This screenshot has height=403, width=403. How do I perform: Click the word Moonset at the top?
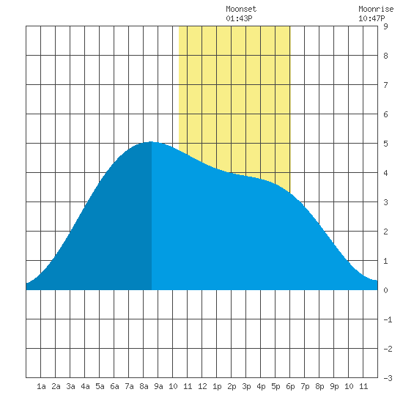coord(241,9)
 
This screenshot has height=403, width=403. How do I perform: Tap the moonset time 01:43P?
coord(239,18)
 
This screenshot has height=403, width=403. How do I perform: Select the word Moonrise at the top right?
coord(376,9)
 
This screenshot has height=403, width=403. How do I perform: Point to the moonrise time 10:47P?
coord(371,18)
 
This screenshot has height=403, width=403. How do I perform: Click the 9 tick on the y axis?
coord(385,26)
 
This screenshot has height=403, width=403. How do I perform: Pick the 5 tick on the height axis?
coord(385,144)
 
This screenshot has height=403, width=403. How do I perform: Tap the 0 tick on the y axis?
coord(385,290)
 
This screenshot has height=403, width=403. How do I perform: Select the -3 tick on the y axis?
coord(388,378)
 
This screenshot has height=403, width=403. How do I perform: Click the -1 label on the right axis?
coord(388,319)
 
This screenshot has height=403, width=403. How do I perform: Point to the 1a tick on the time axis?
coord(41,386)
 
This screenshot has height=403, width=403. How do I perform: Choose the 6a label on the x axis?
coord(114,386)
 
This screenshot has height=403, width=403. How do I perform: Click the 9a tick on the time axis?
coord(158,386)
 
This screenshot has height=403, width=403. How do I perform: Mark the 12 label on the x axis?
coord(202,386)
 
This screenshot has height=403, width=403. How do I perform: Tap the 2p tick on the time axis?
coord(232,386)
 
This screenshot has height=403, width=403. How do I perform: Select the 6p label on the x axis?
coord(290,386)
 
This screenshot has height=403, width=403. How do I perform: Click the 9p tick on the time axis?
coord(334,386)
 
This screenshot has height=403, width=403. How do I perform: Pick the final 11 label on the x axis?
coord(363,386)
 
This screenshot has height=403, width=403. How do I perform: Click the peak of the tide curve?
coord(151,141)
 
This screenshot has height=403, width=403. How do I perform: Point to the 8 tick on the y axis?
coord(385,56)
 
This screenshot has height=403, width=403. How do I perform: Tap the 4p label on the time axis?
coord(261,386)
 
